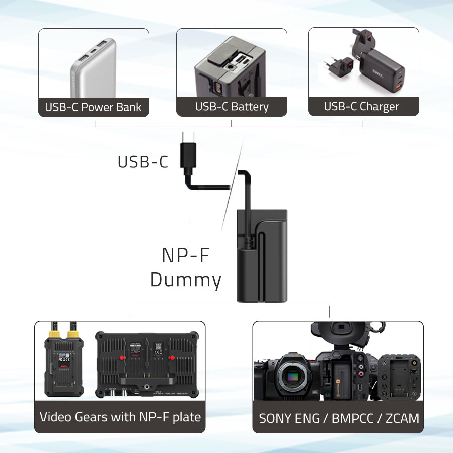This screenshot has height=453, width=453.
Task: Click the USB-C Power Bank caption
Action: [94, 107]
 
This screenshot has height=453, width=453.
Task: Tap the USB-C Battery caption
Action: [232, 107]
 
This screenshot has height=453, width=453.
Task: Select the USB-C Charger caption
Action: [361, 107]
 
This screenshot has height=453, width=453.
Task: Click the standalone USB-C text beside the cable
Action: [143, 162]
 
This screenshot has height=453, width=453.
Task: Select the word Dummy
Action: [185, 280]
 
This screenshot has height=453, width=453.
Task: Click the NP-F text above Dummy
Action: [185, 255]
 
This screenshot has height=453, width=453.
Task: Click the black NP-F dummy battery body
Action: [262, 257]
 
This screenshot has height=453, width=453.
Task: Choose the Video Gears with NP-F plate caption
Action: [120, 417]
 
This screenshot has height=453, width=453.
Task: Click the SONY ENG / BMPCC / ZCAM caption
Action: [338, 418]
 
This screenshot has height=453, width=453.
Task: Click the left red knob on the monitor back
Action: [121, 358]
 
